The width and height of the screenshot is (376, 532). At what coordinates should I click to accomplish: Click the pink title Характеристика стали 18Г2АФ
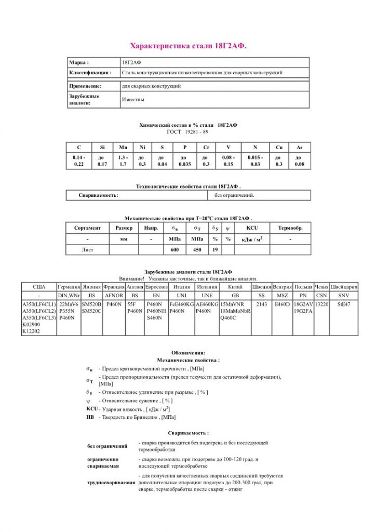(188, 46)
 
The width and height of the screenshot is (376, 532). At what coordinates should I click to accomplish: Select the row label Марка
(79, 62)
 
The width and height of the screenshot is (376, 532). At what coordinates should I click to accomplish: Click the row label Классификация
(90, 73)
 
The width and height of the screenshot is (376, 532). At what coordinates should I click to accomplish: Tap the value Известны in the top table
(133, 99)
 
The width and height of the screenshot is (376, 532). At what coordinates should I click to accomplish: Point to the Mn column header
(123, 148)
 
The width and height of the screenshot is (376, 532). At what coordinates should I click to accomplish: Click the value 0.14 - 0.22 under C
(79, 161)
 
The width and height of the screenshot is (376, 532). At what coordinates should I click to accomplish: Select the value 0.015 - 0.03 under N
(255, 161)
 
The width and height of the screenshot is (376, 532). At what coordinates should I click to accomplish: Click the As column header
(299, 148)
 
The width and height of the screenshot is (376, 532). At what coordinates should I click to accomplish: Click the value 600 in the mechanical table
(174, 250)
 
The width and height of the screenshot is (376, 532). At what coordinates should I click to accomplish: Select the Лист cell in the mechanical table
(87, 250)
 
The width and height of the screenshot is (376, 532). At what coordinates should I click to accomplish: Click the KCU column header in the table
(252, 228)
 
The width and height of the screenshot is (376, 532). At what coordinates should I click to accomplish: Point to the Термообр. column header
(290, 228)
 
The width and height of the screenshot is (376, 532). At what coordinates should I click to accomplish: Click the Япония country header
(91, 286)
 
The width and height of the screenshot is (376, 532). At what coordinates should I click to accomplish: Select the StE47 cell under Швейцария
(344, 304)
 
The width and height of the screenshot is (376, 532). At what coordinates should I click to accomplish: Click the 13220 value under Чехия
(322, 304)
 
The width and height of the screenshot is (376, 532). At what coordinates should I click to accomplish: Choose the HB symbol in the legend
(90, 417)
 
